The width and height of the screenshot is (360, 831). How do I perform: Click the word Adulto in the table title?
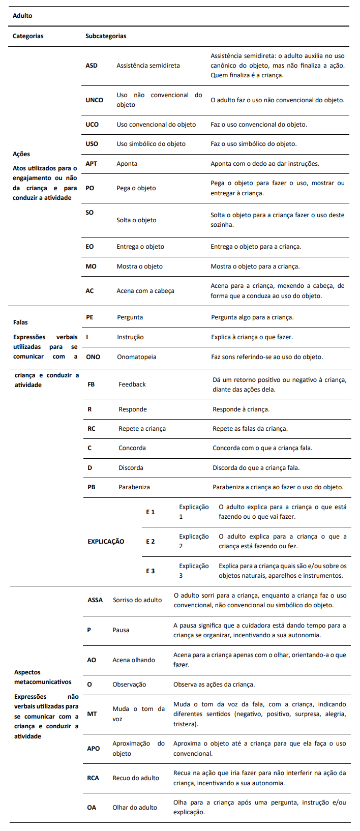point(22,16)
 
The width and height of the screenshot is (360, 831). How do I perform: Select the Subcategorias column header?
point(106,36)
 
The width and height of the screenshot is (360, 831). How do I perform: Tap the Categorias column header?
point(28,36)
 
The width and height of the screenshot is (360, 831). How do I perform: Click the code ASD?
point(92,66)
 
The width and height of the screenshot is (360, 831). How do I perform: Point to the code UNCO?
point(94,100)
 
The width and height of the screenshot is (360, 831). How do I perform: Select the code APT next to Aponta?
point(92,164)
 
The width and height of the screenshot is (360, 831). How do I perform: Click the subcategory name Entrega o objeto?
point(140,247)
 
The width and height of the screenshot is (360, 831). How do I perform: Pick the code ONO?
point(93,357)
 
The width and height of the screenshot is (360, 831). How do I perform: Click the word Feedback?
point(132,384)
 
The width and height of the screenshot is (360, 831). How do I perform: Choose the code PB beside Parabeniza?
point(92,487)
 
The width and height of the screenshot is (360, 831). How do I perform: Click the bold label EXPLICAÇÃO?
point(106,542)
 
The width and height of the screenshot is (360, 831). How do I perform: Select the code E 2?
point(151,542)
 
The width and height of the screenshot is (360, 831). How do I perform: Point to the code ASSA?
point(95,600)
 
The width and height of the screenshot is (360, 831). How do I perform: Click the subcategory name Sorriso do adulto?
point(137,600)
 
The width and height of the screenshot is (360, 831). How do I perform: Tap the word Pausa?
point(121,630)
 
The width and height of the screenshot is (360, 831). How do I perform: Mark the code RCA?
point(94,778)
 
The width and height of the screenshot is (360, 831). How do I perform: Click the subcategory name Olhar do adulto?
point(135,808)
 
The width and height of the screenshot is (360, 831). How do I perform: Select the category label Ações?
point(21,154)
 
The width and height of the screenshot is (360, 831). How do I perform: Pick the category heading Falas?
point(21,322)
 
